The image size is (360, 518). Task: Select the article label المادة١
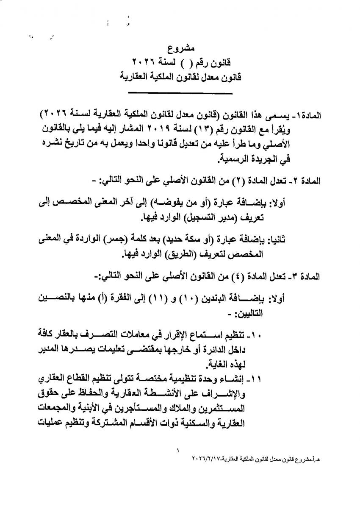[308, 115]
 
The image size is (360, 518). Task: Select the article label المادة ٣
[306, 277]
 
